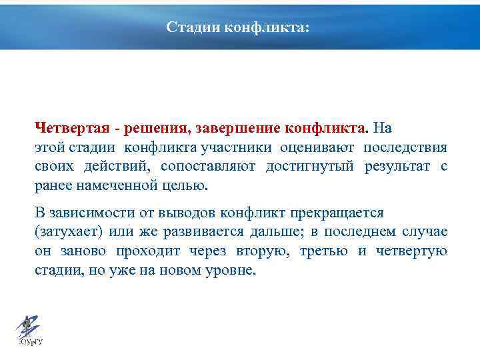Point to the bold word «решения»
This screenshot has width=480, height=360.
[x=148, y=127]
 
